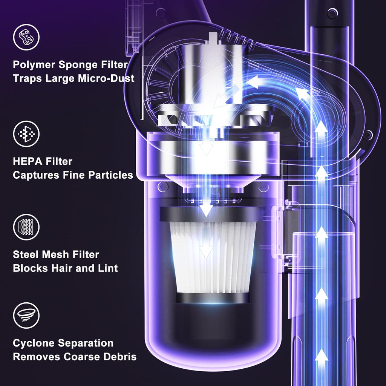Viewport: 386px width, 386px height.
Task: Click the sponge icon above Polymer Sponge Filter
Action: click(x=26, y=37)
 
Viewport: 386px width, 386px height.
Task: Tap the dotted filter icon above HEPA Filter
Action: click(x=26, y=134)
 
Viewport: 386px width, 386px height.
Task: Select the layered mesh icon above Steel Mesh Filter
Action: click(x=26, y=227)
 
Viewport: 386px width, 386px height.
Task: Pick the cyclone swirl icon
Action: click(x=26, y=316)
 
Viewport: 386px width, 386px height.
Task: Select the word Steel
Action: click(x=26, y=254)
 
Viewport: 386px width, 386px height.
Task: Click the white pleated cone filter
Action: click(x=213, y=257)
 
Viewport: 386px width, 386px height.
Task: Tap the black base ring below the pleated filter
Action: click(x=213, y=298)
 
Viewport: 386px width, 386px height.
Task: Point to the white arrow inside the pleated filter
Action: click(x=206, y=244)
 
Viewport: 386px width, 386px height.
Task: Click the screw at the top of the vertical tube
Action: click(x=332, y=12)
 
